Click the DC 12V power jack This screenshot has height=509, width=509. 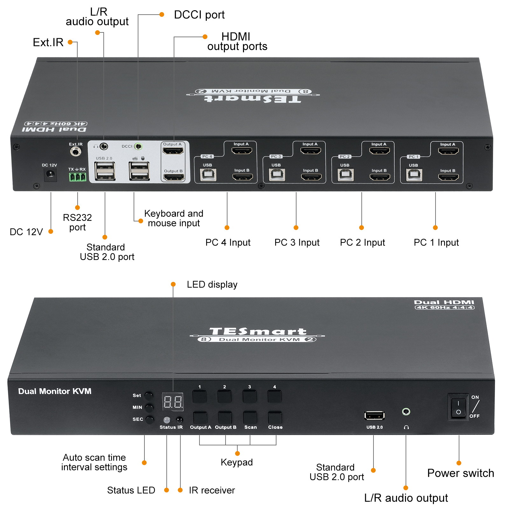[x=50, y=174]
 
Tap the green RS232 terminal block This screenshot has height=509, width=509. [x=77, y=177]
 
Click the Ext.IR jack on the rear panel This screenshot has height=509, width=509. [x=75, y=151]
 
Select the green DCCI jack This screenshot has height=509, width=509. [x=138, y=146]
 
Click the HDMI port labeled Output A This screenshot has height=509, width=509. [x=173, y=150]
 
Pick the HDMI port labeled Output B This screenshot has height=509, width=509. [x=174, y=177]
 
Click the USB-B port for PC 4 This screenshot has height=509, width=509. [x=208, y=175]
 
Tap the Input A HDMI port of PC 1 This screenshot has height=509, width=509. [x=448, y=150]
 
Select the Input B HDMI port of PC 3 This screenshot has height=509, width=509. [x=311, y=177]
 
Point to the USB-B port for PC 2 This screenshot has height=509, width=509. [x=345, y=175]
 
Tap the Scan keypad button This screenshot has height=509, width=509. [x=250, y=418]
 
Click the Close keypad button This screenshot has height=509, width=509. [x=275, y=418]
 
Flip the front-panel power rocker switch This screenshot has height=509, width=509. [x=458, y=407]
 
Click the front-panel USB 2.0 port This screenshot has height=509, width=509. [x=374, y=415]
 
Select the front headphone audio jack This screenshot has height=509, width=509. [x=406, y=412]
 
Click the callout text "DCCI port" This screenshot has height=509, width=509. [x=199, y=15]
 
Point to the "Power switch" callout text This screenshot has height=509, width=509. [x=460, y=473]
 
